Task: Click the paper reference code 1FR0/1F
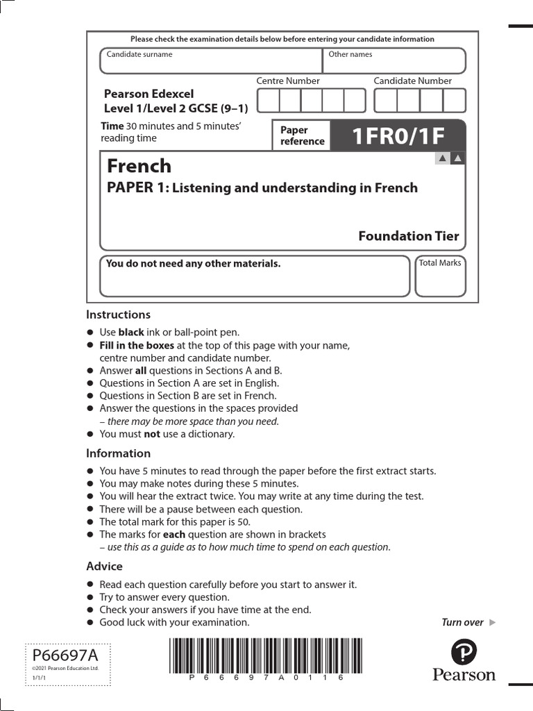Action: tap(398, 136)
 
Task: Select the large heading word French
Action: tap(139, 166)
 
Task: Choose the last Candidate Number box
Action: tap(454, 101)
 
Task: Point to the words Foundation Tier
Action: tap(408, 236)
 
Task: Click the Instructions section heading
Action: tap(118, 315)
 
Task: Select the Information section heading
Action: tap(118, 453)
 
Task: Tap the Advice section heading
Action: tap(104, 567)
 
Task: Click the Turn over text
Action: tap(463, 622)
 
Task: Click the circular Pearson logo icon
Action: tap(464, 653)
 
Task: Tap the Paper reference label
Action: tap(302, 135)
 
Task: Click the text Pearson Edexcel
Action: tap(149, 94)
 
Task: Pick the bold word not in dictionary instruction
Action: tap(151, 434)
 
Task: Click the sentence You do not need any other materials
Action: tap(193, 264)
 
